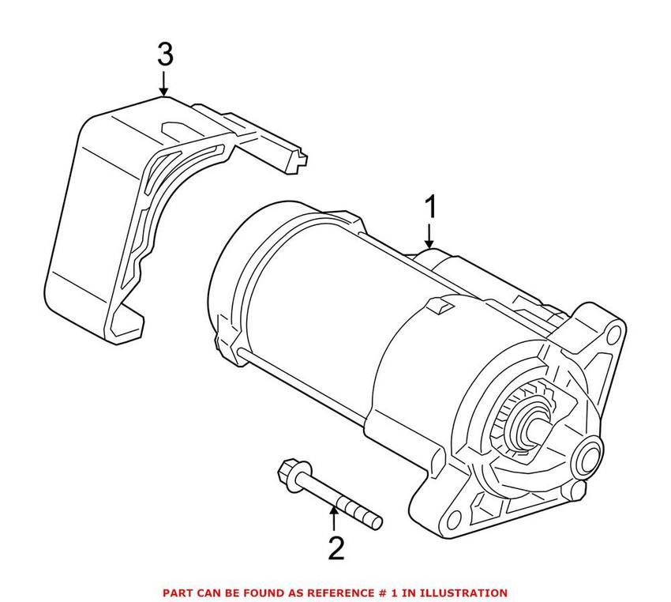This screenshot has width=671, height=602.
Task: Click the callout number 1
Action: [x=430, y=209]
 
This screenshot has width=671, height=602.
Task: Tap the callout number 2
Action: [x=335, y=547]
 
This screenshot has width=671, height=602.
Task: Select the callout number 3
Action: [x=164, y=55]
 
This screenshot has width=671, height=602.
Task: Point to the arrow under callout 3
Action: [x=164, y=85]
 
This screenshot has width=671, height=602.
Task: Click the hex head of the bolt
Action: [x=287, y=473]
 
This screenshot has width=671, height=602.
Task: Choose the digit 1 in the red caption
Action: [x=405, y=592]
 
